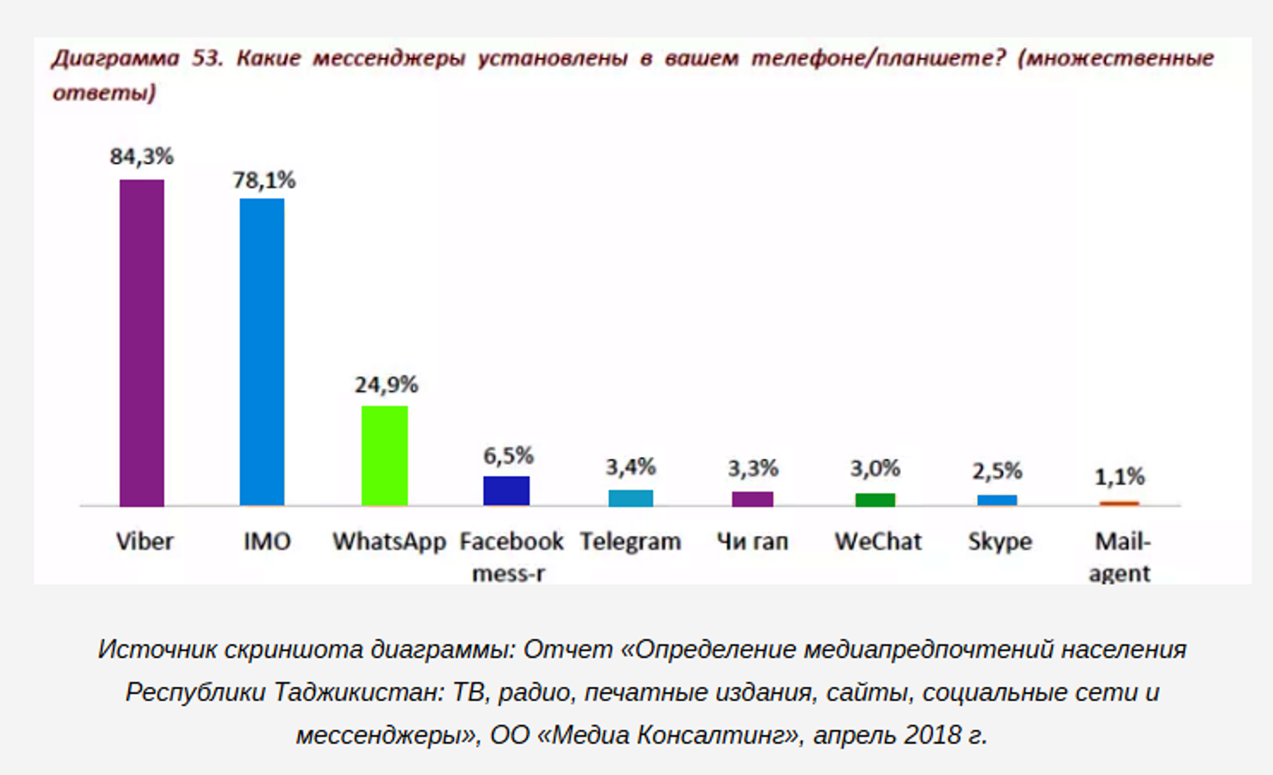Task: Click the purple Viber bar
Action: (142, 343)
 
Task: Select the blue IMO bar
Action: (262, 352)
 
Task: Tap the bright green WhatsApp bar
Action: (384, 455)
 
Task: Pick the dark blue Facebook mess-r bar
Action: (507, 491)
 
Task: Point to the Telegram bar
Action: (631, 498)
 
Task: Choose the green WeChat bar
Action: (875, 499)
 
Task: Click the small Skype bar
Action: (997, 500)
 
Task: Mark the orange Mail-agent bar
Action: (1119, 504)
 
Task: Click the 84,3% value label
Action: (142, 156)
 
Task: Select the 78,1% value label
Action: (264, 180)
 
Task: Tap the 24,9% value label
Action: (386, 385)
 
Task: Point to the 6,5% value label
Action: (508, 456)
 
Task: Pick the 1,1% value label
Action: (1119, 477)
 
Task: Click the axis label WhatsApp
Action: (389, 541)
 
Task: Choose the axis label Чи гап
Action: (753, 541)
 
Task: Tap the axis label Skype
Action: (1000, 541)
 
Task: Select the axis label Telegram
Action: (631, 541)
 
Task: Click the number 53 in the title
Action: (206, 58)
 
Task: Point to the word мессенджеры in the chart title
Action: (389, 58)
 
